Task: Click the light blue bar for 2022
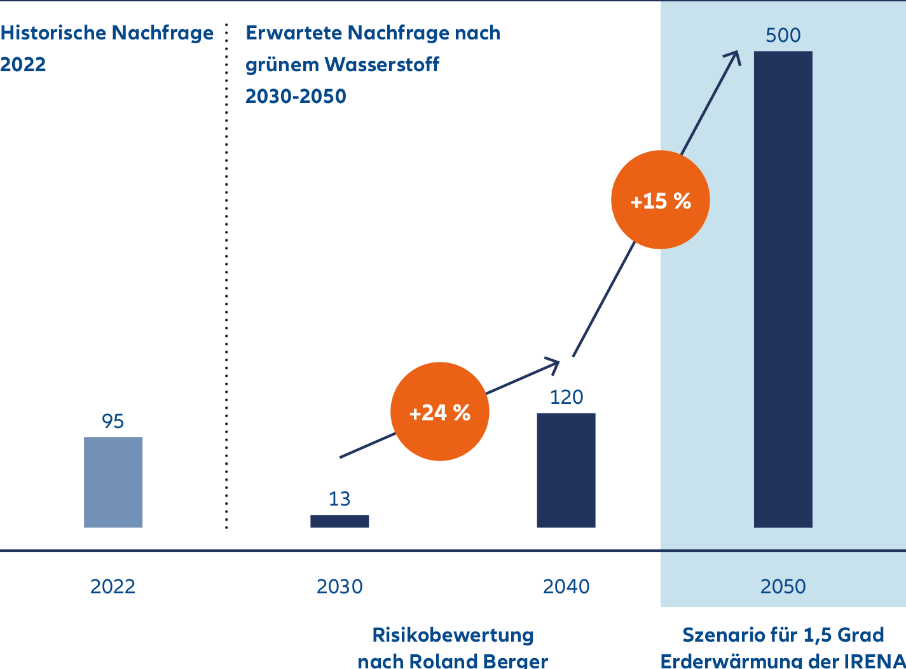click(113, 482)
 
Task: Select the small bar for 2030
click(340, 521)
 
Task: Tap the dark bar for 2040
click(566, 470)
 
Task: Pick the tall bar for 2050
click(783, 289)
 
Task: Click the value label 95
click(113, 422)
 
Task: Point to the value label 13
click(340, 499)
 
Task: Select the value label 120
click(566, 397)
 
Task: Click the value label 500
click(783, 36)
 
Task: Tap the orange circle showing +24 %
click(439, 412)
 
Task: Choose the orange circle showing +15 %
click(660, 200)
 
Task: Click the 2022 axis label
click(113, 586)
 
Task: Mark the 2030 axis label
click(340, 586)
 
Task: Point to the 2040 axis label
click(566, 586)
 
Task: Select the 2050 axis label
click(783, 586)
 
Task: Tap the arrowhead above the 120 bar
click(553, 364)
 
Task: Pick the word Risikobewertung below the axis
click(453, 635)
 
